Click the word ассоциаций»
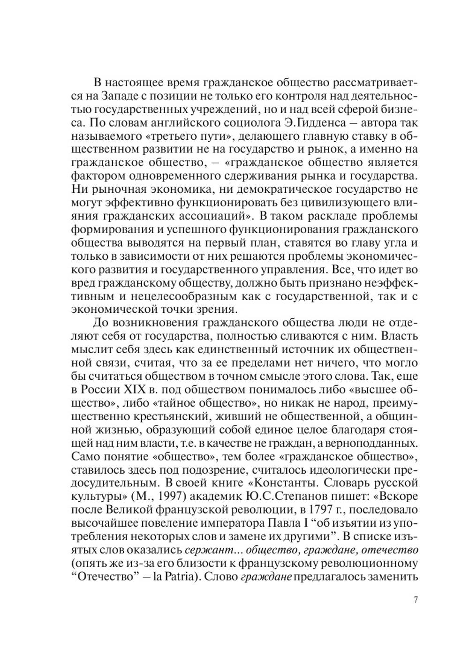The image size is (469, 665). click(213, 217)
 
